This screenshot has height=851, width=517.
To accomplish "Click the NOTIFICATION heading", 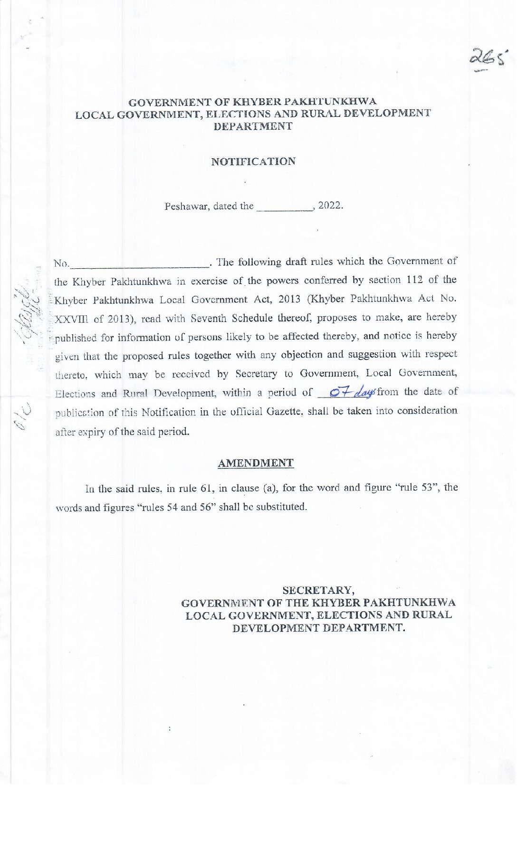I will click(x=253, y=161).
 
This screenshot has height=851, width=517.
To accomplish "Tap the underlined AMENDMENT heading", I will click(x=256, y=463).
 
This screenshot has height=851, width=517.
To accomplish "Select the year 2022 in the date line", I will click(x=329, y=206).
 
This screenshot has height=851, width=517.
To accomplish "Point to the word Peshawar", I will click(x=182, y=206).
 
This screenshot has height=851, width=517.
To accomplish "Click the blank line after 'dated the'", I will click(x=285, y=208).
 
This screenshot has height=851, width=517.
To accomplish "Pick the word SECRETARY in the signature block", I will click(x=318, y=590).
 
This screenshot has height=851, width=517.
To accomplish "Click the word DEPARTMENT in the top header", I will click(x=253, y=126).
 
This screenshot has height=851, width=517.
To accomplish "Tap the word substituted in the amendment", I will click(x=281, y=507).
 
